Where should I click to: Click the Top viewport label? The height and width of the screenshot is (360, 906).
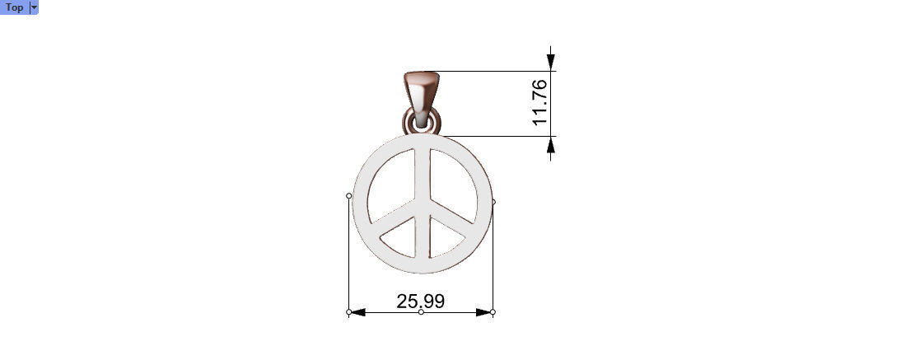(x=14, y=7)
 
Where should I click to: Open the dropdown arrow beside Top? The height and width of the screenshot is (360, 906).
(x=34, y=7)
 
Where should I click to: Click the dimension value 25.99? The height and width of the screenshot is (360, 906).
(x=420, y=302)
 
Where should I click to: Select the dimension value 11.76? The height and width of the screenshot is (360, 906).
(x=540, y=103)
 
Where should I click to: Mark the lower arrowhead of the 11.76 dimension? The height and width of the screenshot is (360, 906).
(x=551, y=145)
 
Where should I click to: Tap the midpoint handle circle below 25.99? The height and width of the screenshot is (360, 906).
(x=421, y=312)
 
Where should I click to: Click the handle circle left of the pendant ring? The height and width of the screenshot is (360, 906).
(x=349, y=195)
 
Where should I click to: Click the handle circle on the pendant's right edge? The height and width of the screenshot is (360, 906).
(x=493, y=201)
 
